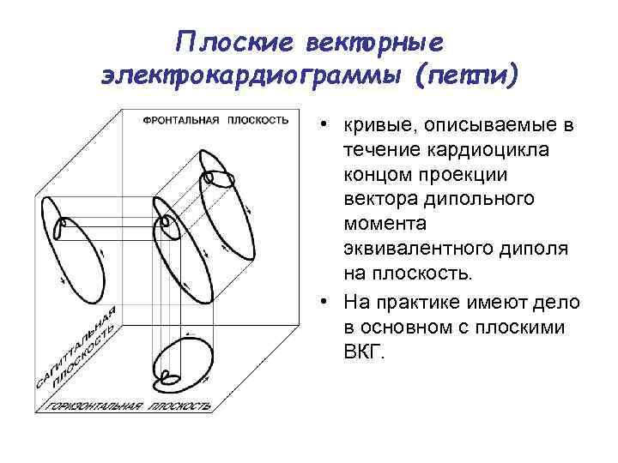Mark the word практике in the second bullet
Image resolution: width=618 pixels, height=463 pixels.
[417, 303]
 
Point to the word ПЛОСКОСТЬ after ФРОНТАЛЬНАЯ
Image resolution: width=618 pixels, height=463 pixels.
[257, 120]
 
